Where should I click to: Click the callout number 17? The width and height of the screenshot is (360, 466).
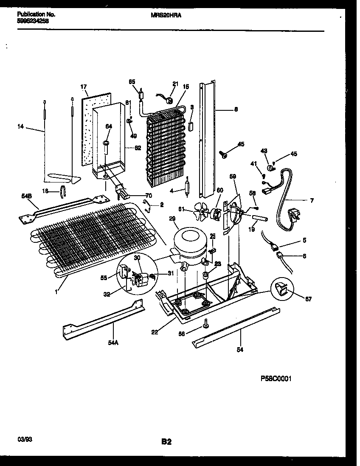click(x=84, y=87)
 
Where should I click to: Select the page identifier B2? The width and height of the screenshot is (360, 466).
click(x=166, y=442)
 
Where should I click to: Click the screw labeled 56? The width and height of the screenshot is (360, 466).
click(x=206, y=324)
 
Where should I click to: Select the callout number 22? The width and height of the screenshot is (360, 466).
click(x=155, y=332)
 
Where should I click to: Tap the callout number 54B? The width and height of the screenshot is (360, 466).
click(x=26, y=196)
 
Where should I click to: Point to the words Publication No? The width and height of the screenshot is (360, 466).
click(x=37, y=14)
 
